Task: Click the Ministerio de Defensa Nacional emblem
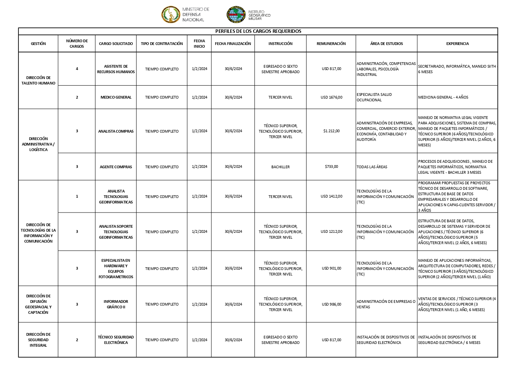[171, 15]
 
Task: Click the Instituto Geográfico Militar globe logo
[236, 15]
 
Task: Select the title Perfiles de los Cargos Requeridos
[258, 31]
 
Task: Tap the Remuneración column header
[331, 44]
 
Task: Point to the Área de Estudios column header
[386, 44]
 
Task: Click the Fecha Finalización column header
[233, 44]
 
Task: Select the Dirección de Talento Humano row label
[38, 81]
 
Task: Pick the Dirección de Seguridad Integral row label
[38, 340]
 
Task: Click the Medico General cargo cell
[116, 97]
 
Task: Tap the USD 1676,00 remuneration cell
[331, 97]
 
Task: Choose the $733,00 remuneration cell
[331, 167]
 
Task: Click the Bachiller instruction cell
[280, 167]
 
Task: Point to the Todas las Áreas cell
[372, 167]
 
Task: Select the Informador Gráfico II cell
[116, 304]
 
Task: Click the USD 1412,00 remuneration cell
[331, 196]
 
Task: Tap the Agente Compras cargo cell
[116, 167]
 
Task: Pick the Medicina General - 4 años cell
[443, 97]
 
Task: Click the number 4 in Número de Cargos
[77, 69]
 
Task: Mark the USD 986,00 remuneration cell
[331, 304]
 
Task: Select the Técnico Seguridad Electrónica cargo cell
[116, 340]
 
